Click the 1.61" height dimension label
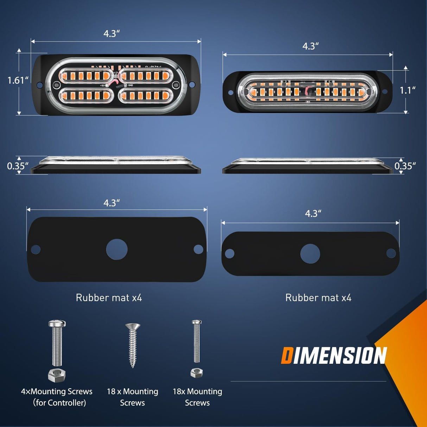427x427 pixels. (x=18, y=80)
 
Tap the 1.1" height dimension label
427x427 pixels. (x=407, y=90)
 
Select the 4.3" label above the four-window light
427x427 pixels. (x=111, y=34)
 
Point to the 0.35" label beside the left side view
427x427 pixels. (x=18, y=166)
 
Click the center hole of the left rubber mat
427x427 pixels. (x=117, y=249)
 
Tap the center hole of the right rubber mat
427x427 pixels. (x=310, y=254)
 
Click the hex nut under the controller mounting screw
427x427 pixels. (x=57, y=375)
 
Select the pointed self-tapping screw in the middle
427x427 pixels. (x=133, y=345)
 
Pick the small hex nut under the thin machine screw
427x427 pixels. (x=197, y=372)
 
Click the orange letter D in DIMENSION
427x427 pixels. (x=287, y=356)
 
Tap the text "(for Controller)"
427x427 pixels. (x=59, y=403)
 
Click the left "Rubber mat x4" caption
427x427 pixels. (x=109, y=298)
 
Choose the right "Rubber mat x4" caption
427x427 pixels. (x=318, y=298)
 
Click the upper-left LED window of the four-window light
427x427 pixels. (x=85, y=76)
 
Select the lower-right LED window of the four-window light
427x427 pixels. (x=145, y=95)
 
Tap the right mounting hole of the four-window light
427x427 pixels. (x=192, y=85)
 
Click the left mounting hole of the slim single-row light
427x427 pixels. (x=231, y=93)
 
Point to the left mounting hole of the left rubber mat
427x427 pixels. (x=36, y=249)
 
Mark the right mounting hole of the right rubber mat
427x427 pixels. (x=391, y=253)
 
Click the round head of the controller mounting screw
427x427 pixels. (x=57, y=323)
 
